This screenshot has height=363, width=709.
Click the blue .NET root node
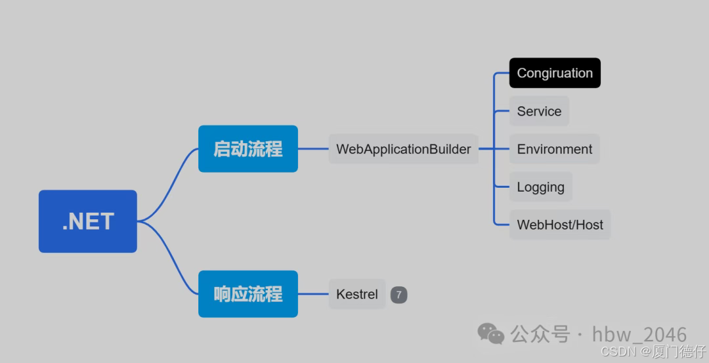pyautogui.click(x=87, y=221)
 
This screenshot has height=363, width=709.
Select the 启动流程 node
pyautogui.click(x=248, y=149)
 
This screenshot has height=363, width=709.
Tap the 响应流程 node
pyautogui.click(x=248, y=294)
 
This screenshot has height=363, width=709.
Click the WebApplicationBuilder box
pyautogui.click(x=403, y=149)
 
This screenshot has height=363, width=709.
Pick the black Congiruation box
pyautogui.click(x=555, y=73)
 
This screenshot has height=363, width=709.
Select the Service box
pyautogui.click(x=539, y=111)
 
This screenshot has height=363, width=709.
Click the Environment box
pyautogui.click(x=555, y=149)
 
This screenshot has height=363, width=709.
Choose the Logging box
pyautogui.click(x=540, y=187)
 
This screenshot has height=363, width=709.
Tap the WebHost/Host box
pyautogui.click(x=560, y=224)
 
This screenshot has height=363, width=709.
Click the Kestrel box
pyautogui.click(x=356, y=294)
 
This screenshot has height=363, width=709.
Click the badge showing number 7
pyautogui.click(x=398, y=295)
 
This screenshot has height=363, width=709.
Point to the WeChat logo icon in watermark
pyautogui.click(x=491, y=333)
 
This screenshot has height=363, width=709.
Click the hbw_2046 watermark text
pyautogui.click(x=639, y=334)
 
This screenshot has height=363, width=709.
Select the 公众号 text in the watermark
pyautogui.click(x=540, y=334)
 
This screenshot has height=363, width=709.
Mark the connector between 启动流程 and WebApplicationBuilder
pyautogui.click(x=313, y=149)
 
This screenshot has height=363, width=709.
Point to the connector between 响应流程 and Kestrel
pyautogui.click(x=313, y=294)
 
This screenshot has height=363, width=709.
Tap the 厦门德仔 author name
pyautogui.click(x=679, y=352)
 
